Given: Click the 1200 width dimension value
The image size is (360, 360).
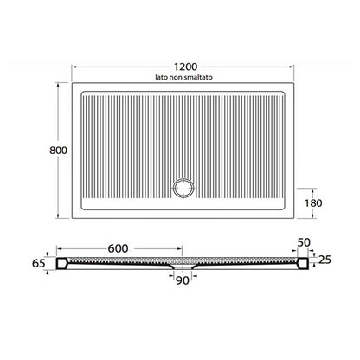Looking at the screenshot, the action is pyautogui.click(x=185, y=67).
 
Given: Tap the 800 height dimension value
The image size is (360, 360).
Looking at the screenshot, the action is pyautogui.click(x=58, y=151).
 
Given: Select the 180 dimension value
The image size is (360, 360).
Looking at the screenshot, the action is pyautogui.click(x=313, y=203).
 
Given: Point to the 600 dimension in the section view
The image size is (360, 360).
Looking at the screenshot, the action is pyautogui.click(x=118, y=248).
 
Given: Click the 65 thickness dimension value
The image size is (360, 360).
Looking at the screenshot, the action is pyautogui.click(x=39, y=263).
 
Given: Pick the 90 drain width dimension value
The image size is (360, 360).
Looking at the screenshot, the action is pyautogui.click(x=183, y=280).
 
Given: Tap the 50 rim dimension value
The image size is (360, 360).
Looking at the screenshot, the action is pyautogui.click(x=304, y=242).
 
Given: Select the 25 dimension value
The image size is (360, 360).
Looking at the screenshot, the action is pyautogui.click(x=325, y=260).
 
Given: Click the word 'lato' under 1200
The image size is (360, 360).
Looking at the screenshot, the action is pyautogui.click(x=162, y=77).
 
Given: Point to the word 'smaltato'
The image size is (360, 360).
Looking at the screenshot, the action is pyautogui.click(x=200, y=77).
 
